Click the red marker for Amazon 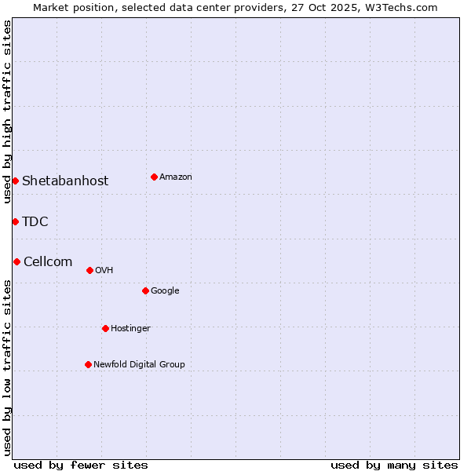[154, 177]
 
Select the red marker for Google [145, 290]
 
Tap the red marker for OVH [89, 270]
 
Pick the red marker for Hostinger [105, 328]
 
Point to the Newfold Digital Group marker [88, 364]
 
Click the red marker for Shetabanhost [15, 181]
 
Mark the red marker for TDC [15, 221]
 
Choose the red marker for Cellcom [16, 261]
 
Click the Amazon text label [176, 177]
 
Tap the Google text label [165, 291]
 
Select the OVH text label [104, 271]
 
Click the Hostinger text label [130, 329]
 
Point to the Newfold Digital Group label [139, 365]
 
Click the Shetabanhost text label [65, 181]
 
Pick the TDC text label [35, 222]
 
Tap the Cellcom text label [48, 262]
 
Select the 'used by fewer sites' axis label [81, 465]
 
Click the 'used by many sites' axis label [394, 465]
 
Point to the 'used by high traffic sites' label [7, 111]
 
